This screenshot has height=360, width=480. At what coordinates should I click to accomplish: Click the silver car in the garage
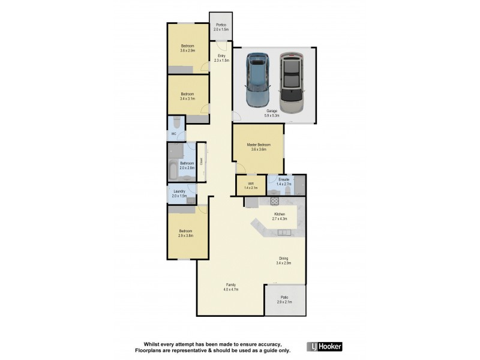292,82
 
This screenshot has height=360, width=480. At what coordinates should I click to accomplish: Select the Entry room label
221,58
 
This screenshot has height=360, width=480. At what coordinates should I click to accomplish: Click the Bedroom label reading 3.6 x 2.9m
187,49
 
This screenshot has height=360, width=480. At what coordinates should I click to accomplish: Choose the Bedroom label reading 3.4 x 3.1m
187,96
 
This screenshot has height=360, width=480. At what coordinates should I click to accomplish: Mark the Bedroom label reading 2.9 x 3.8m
185,233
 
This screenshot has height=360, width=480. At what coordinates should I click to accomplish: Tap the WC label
173,134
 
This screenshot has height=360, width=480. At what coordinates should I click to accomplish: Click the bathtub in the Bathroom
173,170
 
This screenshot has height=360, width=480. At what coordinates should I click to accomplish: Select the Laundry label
179,194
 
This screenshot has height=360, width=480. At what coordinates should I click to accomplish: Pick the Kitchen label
280,216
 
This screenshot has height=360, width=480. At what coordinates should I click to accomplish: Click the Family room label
230,287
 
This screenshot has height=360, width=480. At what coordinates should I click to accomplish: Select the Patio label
284,299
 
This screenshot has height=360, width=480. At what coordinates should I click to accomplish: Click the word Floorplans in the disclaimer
148,350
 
